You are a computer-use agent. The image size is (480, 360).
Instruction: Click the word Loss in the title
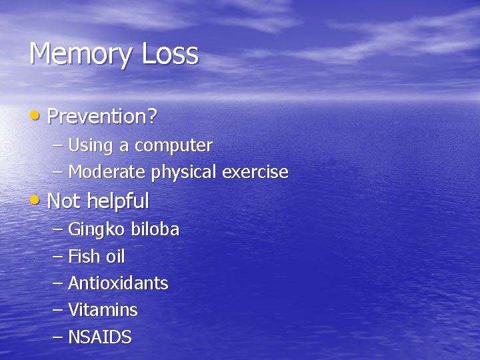coord(170,53)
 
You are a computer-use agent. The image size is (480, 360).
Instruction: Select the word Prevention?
coord(102,117)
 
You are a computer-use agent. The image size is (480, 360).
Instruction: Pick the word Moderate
coord(107,172)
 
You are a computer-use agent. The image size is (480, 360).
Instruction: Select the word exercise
coord(255,172)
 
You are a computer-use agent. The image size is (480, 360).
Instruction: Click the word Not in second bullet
coord(63,201)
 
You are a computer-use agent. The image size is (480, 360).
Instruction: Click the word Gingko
coord(97,230)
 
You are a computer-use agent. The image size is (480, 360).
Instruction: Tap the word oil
coord(115,257)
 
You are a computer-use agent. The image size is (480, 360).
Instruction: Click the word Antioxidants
coord(118,283)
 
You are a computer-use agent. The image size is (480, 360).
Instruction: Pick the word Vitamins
coord(103,310)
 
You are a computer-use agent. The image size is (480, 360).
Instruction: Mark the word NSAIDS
coord(100,337)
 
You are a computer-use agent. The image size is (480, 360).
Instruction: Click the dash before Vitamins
coord(57,311)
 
